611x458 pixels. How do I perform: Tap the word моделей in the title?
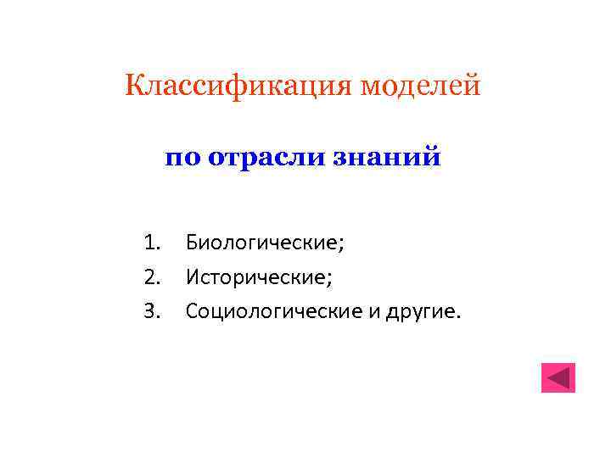pyautogui.click(x=422, y=86)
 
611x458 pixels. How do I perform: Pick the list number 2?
pyautogui.click(x=152, y=276)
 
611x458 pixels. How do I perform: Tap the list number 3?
pyautogui.click(x=152, y=310)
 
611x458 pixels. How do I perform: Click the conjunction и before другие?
pyautogui.click(x=376, y=312)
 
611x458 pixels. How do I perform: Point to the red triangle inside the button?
pyautogui.click(x=558, y=377)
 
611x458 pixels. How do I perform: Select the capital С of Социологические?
pyautogui.click(x=192, y=310)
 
